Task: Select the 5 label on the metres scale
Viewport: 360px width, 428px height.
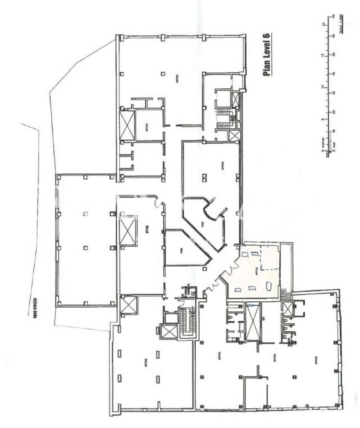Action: point(321,119)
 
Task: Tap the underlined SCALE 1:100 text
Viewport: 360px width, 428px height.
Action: point(342,25)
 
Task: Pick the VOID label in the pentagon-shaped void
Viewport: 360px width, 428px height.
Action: point(176,250)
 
